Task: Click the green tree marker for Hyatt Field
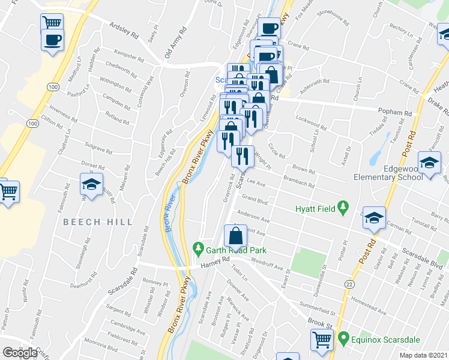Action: point(343,208)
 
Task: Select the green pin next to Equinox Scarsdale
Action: point(343,338)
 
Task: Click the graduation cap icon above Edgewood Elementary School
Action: point(429,164)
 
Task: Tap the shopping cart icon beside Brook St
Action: point(322,340)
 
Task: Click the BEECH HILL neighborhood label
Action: point(98,222)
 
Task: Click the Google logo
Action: point(20,353)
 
